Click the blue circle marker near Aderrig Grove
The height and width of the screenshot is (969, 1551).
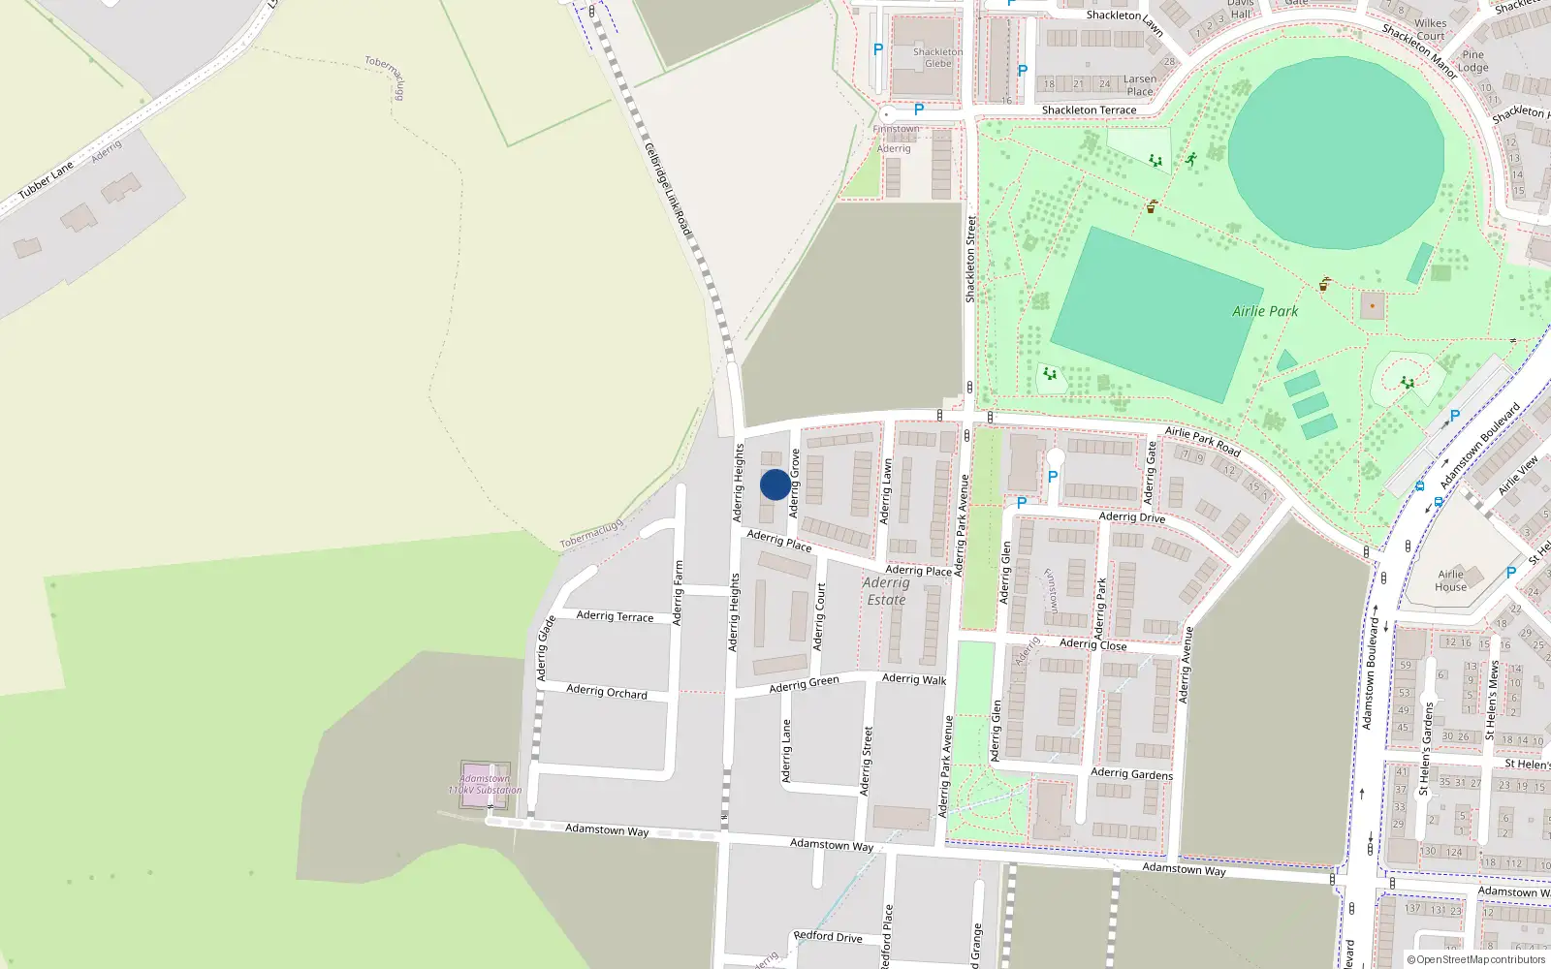tap(775, 484)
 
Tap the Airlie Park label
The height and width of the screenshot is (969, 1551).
tap(1265, 311)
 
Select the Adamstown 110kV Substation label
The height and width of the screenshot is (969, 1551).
tap(485, 784)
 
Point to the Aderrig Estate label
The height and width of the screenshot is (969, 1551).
tap(886, 591)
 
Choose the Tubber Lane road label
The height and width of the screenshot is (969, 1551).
tap(46, 180)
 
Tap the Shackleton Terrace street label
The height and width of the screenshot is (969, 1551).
tap(1089, 110)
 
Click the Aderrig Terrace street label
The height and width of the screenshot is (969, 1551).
tap(615, 615)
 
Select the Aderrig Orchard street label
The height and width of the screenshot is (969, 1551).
tap(607, 692)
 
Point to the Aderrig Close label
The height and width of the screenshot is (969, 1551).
tap(1092, 644)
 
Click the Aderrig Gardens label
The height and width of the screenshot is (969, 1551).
tap(1131, 773)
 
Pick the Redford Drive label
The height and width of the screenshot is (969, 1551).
tap(827, 937)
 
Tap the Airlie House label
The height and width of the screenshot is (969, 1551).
tap(1451, 580)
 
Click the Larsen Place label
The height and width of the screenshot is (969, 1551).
tap(1140, 85)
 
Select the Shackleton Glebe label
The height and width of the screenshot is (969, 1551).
tap(937, 58)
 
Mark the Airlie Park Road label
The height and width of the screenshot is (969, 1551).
tap(1202, 441)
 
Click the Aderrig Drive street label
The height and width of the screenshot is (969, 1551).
tap(1132, 517)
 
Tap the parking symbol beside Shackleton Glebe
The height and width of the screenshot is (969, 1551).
tap(878, 49)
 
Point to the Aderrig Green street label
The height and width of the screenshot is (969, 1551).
tap(804, 684)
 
